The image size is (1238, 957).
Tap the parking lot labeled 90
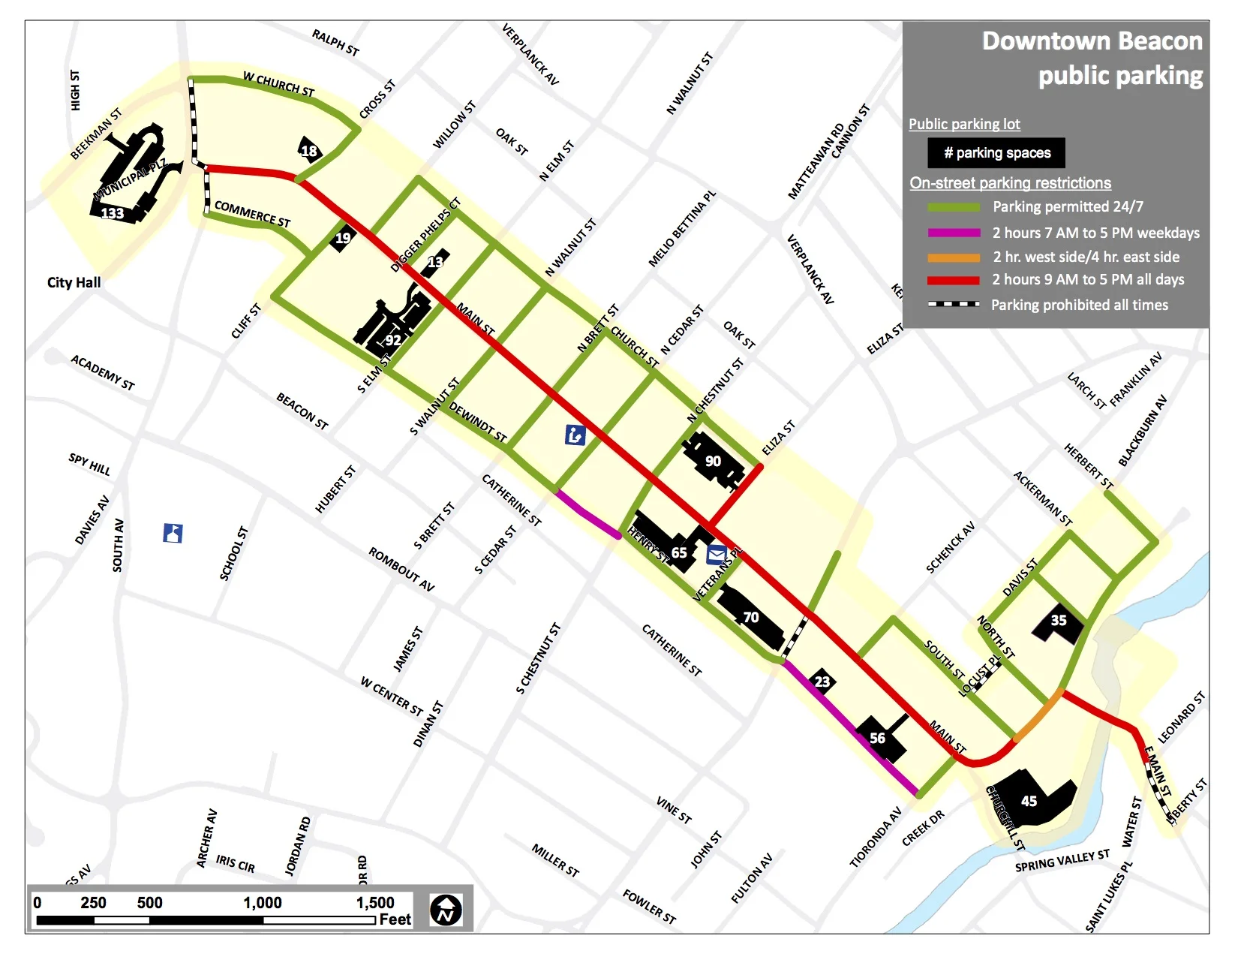click(713, 461)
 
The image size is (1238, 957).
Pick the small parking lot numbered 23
click(822, 681)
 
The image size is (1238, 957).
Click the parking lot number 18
click(309, 151)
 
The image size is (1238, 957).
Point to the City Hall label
click(74, 282)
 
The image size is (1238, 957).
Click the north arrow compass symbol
click(446, 910)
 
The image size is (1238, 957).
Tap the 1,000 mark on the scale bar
click(263, 903)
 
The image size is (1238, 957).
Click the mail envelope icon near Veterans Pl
click(717, 555)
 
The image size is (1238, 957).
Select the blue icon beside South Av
click(173, 533)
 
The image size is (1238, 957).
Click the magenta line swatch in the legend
click(954, 233)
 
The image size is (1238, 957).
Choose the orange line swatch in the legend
click(954, 257)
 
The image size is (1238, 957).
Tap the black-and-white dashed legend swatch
click(954, 304)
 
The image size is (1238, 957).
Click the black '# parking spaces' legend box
click(996, 153)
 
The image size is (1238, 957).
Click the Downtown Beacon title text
click(1092, 41)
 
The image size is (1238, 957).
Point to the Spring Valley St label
click(1062, 861)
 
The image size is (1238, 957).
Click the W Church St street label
click(278, 84)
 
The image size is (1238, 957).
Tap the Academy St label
click(103, 373)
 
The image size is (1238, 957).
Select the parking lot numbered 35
click(1059, 620)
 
